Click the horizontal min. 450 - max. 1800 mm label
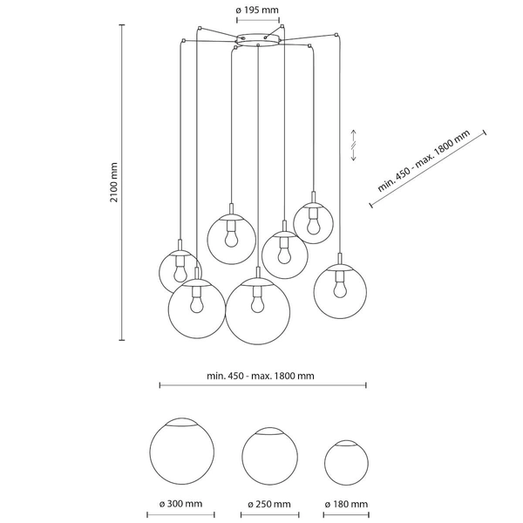pos(261,376)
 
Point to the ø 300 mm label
pos(181,504)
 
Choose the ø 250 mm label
pos(268,504)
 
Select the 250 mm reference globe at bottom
pos(268,455)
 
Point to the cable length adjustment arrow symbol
pos(354,144)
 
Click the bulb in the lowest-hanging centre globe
pos(255,302)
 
